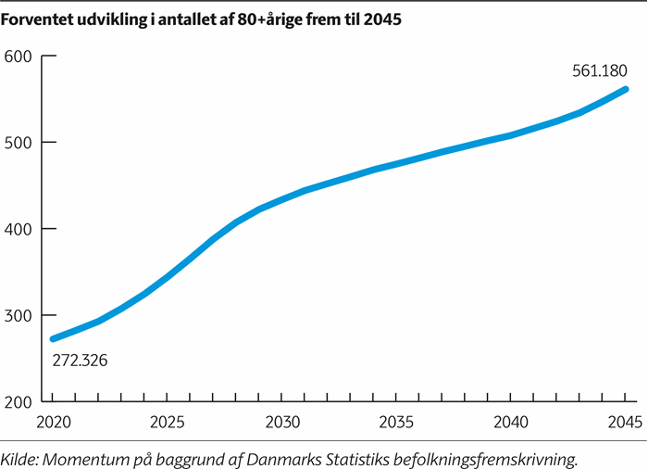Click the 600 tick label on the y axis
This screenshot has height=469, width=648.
click(18, 57)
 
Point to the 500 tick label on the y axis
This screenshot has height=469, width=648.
click(18, 143)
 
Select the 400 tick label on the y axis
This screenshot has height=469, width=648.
click(18, 229)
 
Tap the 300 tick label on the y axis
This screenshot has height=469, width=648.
click(18, 316)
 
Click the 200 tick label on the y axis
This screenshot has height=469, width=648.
click(18, 402)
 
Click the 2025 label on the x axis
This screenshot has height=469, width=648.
click(167, 423)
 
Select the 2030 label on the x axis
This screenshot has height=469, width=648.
click(282, 423)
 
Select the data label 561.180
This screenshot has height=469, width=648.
click(598, 70)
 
